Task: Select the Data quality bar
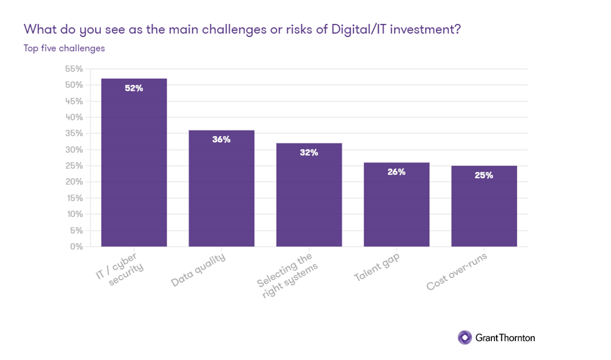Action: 221,188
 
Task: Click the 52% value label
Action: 134,89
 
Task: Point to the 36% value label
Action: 221,140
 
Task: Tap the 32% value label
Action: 309,152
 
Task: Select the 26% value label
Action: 396,172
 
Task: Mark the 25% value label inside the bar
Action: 484,175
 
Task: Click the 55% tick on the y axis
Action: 73,69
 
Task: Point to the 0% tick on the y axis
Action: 76,246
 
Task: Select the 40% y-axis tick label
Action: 73,117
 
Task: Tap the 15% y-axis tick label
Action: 74,198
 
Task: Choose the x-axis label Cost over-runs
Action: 457,272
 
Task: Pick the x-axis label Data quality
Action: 198,270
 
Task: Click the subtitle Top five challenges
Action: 64,48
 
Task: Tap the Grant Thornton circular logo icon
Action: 464,337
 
